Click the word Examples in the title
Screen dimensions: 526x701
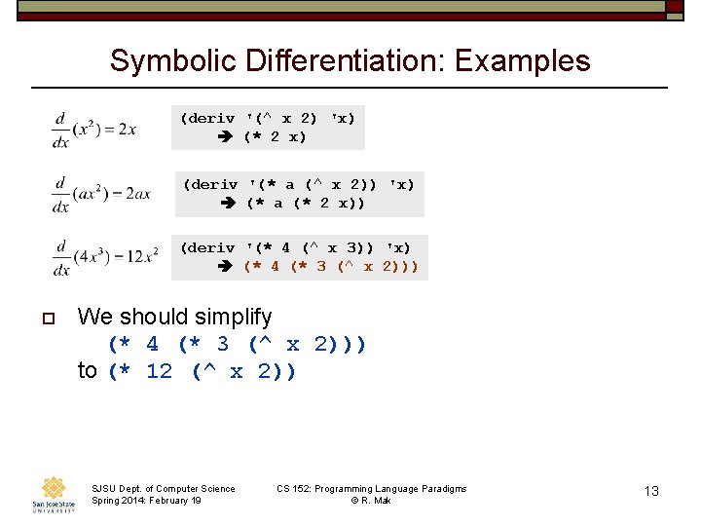click(x=523, y=61)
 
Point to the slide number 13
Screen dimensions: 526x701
click(x=651, y=491)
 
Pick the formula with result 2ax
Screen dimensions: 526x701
click(x=101, y=193)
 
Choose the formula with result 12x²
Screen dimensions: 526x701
click(x=105, y=257)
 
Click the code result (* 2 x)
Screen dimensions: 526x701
click(x=275, y=137)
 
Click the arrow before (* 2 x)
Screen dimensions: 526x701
click(x=225, y=137)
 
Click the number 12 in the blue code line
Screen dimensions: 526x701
click(x=159, y=371)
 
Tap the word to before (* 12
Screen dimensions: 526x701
click(x=88, y=371)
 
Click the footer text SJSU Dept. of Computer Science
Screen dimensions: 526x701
click(x=163, y=488)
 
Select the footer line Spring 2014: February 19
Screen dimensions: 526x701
click(x=146, y=500)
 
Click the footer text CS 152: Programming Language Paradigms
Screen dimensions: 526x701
click(x=371, y=488)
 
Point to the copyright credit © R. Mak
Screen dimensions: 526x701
click(x=371, y=500)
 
